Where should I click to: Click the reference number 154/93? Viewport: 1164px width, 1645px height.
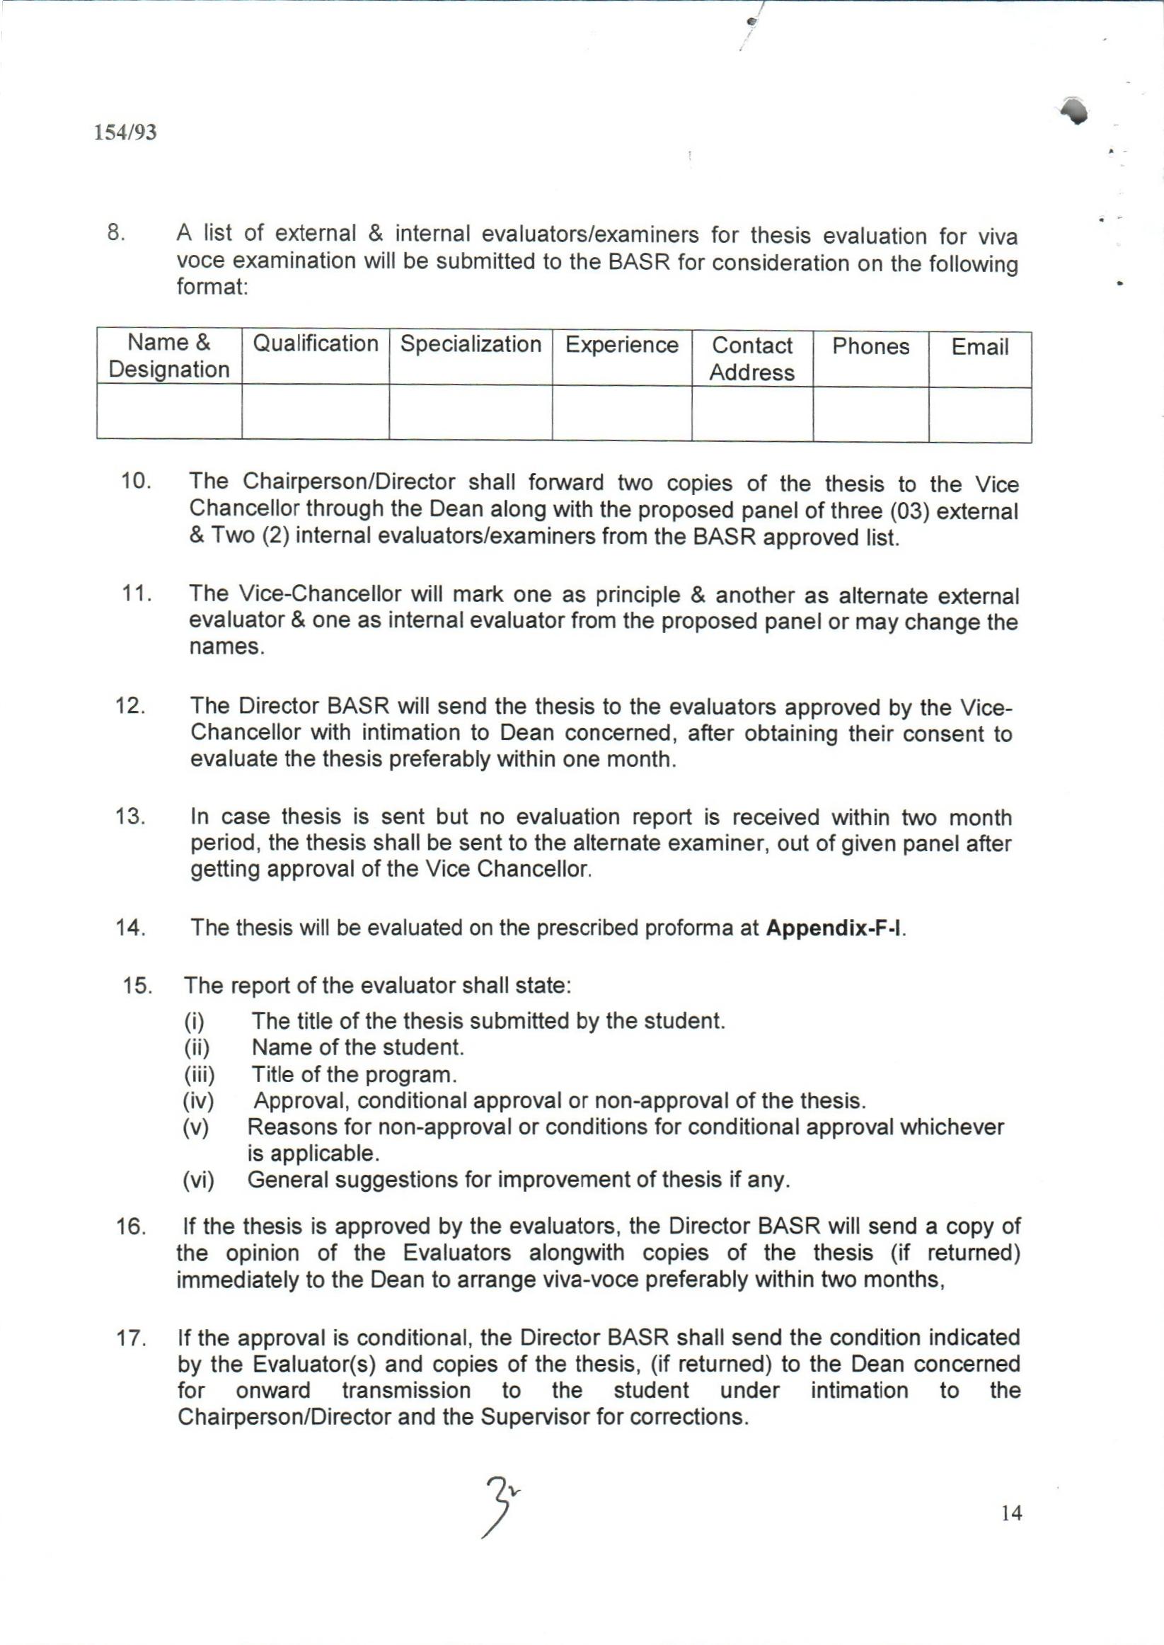(x=125, y=132)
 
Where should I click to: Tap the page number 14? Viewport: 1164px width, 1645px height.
(x=1011, y=1514)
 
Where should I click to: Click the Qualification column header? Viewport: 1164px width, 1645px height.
(x=316, y=344)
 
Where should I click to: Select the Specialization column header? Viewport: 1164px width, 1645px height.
(x=470, y=344)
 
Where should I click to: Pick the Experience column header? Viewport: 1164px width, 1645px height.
(x=621, y=345)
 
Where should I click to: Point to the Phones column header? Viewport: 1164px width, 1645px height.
(x=870, y=346)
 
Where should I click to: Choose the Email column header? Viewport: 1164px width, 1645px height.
(x=979, y=347)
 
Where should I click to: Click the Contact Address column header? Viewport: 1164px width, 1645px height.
(x=752, y=358)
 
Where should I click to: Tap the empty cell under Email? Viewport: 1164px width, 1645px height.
(x=979, y=414)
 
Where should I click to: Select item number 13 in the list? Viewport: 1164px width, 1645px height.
(x=131, y=816)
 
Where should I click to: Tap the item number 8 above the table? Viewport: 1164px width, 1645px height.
(x=116, y=233)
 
